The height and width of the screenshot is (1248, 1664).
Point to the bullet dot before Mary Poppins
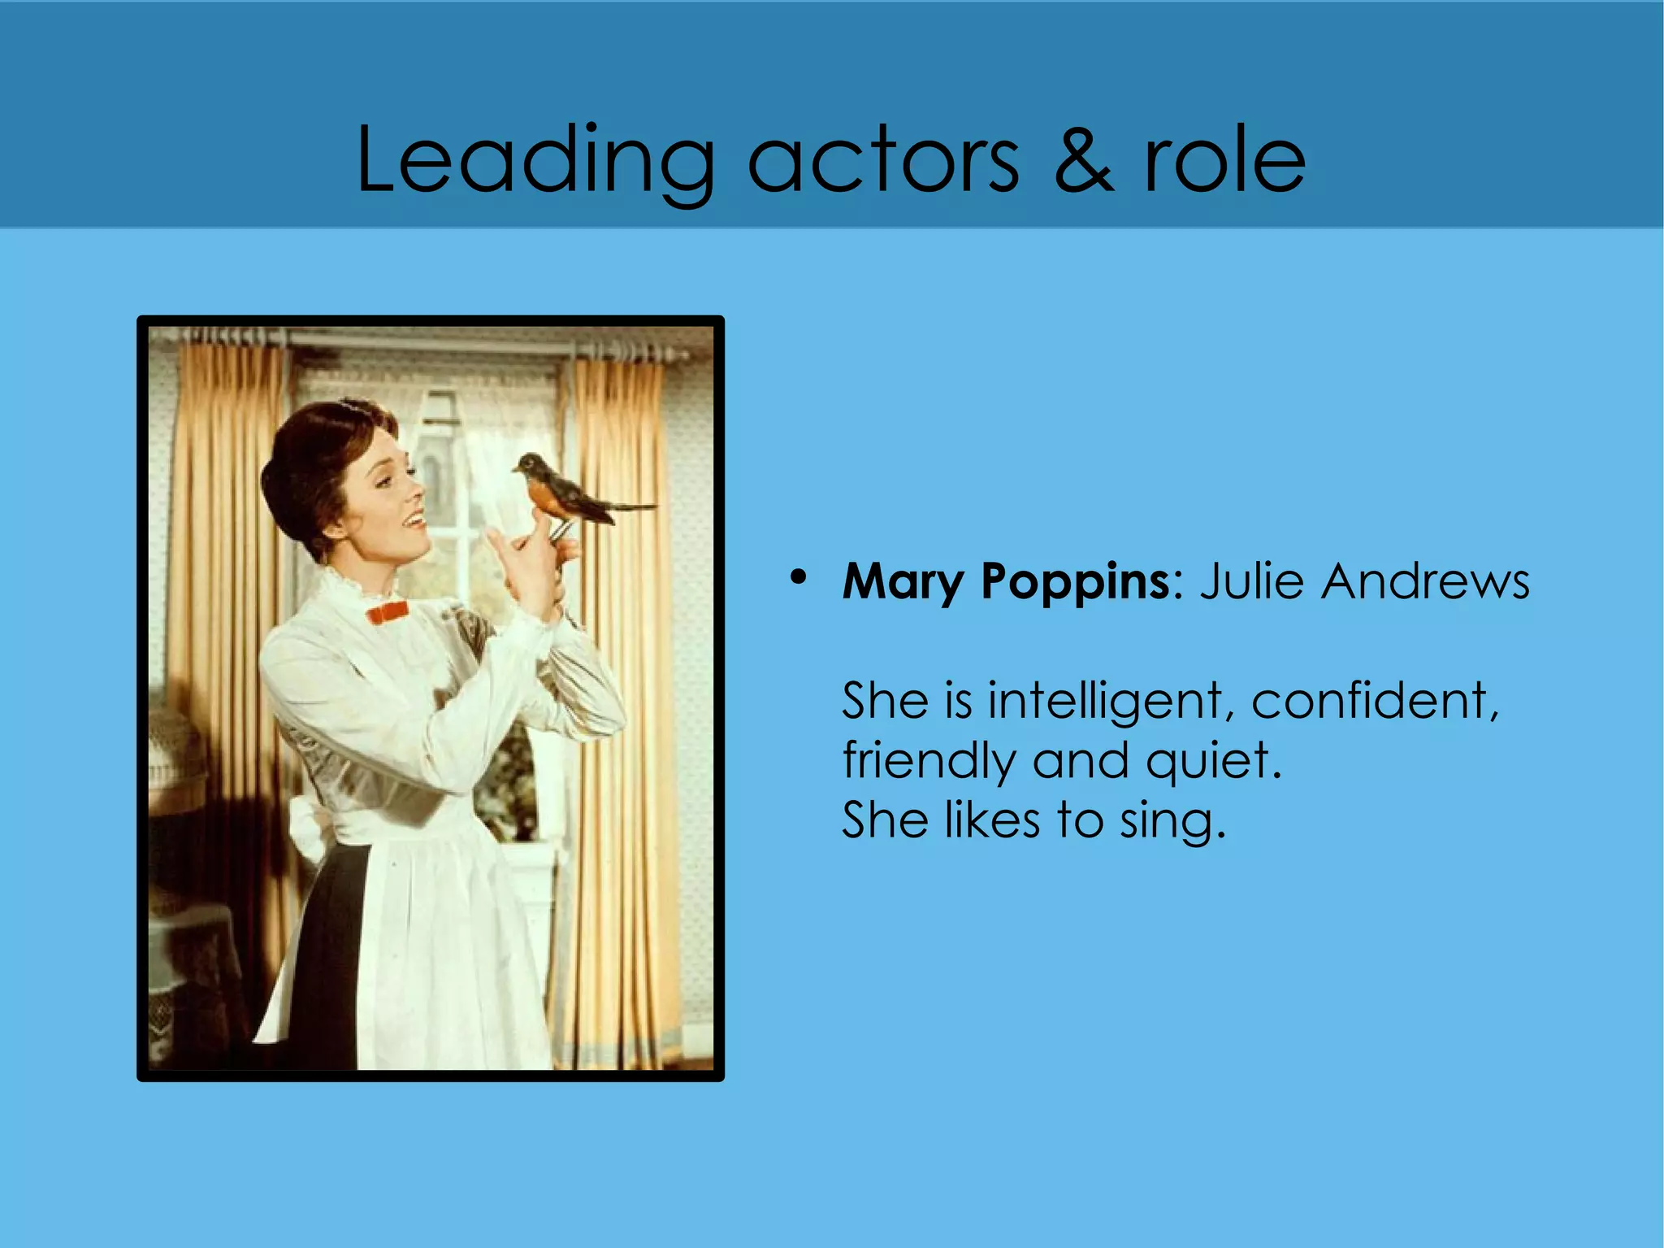click(x=799, y=577)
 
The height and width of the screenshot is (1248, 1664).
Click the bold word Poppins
click(x=1075, y=582)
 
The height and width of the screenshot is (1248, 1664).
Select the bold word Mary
click(x=902, y=582)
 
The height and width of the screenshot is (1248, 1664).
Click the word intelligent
click(x=1105, y=701)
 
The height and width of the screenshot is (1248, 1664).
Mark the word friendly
click(x=929, y=761)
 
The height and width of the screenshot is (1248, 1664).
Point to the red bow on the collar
click(x=387, y=611)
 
